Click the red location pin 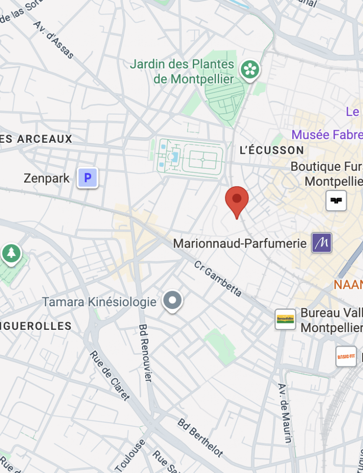(x=237, y=200)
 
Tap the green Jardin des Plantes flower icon (x=250, y=70)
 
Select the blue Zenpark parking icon (x=87, y=177)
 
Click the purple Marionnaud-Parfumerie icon (x=321, y=243)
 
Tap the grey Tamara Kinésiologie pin (x=172, y=301)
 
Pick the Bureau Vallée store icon (x=285, y=319)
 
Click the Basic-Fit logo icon (x=346, y=357)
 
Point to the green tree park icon (x=11, y=253)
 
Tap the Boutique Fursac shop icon (x=336, y=200)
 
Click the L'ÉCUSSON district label (x=272, y=150)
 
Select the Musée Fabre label (x=327, y=135)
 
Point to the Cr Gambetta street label (x=218, y=279)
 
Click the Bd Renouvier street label (x=145, y=352)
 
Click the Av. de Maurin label (x=285, y=412)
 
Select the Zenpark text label (x=47, y=178)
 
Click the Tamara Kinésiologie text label (x=99, y=302)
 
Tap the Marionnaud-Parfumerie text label (x=240, y=243)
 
